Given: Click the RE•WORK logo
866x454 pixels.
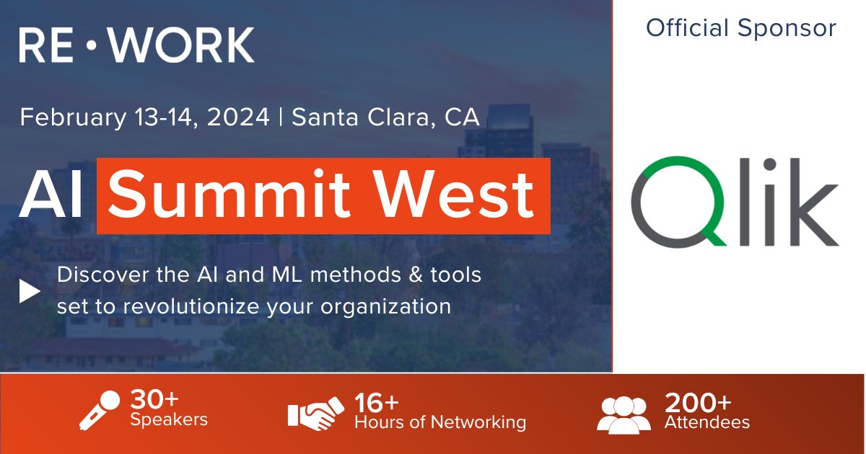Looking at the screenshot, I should point(136,45).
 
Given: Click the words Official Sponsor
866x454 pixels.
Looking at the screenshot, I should point(741,28).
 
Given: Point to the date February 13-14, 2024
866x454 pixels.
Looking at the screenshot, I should point(144,117).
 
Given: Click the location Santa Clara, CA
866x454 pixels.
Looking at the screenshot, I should point(385,117).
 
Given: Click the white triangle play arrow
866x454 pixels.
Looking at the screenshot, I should point(30,292).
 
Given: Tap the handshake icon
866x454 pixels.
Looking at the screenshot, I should point(315,413).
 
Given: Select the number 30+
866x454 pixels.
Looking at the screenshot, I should point(154,400).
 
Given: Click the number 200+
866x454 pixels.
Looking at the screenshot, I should point(698,401).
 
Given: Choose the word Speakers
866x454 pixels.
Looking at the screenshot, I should point(169,420).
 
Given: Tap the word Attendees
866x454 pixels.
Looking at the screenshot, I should point(707,422).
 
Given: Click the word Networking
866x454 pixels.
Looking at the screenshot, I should point(479,422).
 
